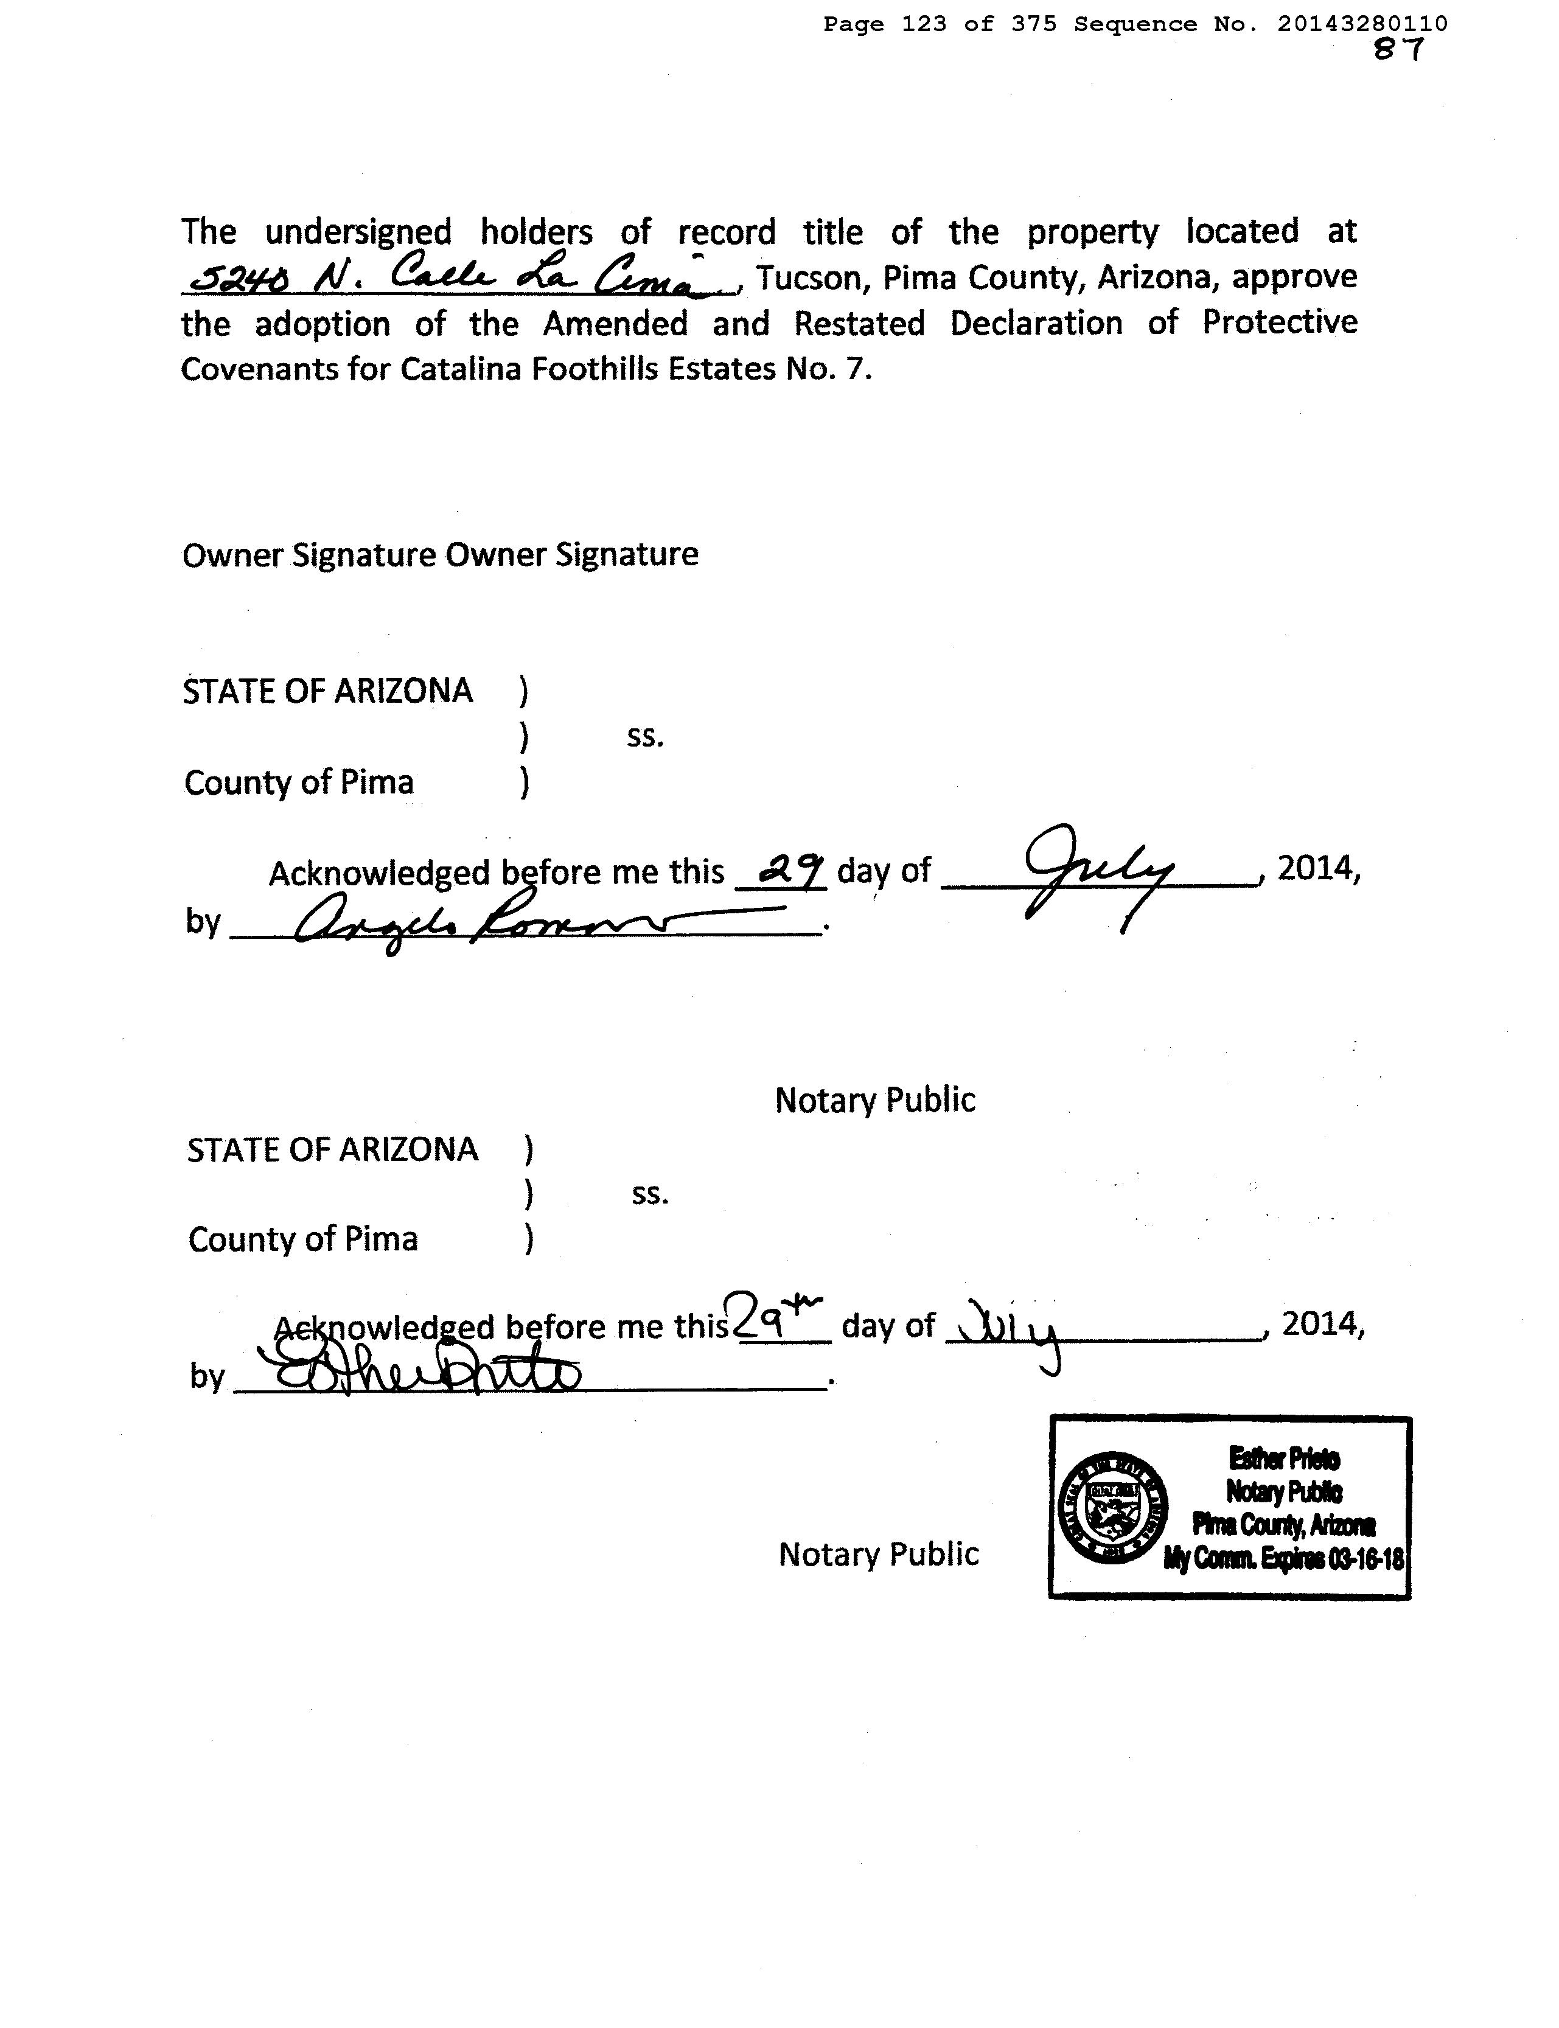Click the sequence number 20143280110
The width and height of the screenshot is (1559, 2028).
tap(1361, 24)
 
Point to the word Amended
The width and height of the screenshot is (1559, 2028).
tap(615, 324)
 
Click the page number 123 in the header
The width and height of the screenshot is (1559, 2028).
tap(923, 24)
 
